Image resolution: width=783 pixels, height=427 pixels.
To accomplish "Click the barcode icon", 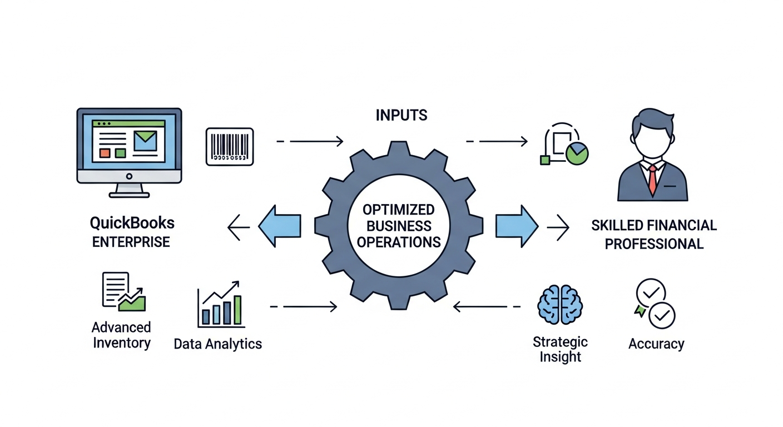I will [230, 146].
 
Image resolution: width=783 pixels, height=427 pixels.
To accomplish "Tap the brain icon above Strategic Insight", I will [559, 305].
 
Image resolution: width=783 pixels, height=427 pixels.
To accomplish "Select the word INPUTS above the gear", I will [402, 115].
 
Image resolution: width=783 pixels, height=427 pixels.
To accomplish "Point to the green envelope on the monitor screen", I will [145, 140].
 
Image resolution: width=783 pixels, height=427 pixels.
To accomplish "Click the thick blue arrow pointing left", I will [279, 226].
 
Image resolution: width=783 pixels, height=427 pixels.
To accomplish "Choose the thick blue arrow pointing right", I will [517, 226].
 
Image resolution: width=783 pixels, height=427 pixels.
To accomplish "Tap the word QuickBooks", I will [132, 224].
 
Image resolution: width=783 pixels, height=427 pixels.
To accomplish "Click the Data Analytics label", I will [217, 344].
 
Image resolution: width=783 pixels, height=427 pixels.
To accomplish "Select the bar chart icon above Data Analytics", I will [221, 305].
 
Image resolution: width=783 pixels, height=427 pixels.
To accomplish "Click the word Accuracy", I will [656, 344].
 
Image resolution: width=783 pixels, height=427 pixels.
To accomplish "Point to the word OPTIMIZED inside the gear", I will [398, 210].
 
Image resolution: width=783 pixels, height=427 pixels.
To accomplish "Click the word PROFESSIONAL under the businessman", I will [654, 244].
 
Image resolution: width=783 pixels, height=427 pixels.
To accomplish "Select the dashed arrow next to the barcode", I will [310, 142].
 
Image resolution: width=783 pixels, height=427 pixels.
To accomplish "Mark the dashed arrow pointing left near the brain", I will [487, 306].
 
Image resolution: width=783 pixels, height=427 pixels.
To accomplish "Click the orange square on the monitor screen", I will [105, 152].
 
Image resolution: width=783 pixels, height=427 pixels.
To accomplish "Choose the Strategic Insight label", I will [559, 349].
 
